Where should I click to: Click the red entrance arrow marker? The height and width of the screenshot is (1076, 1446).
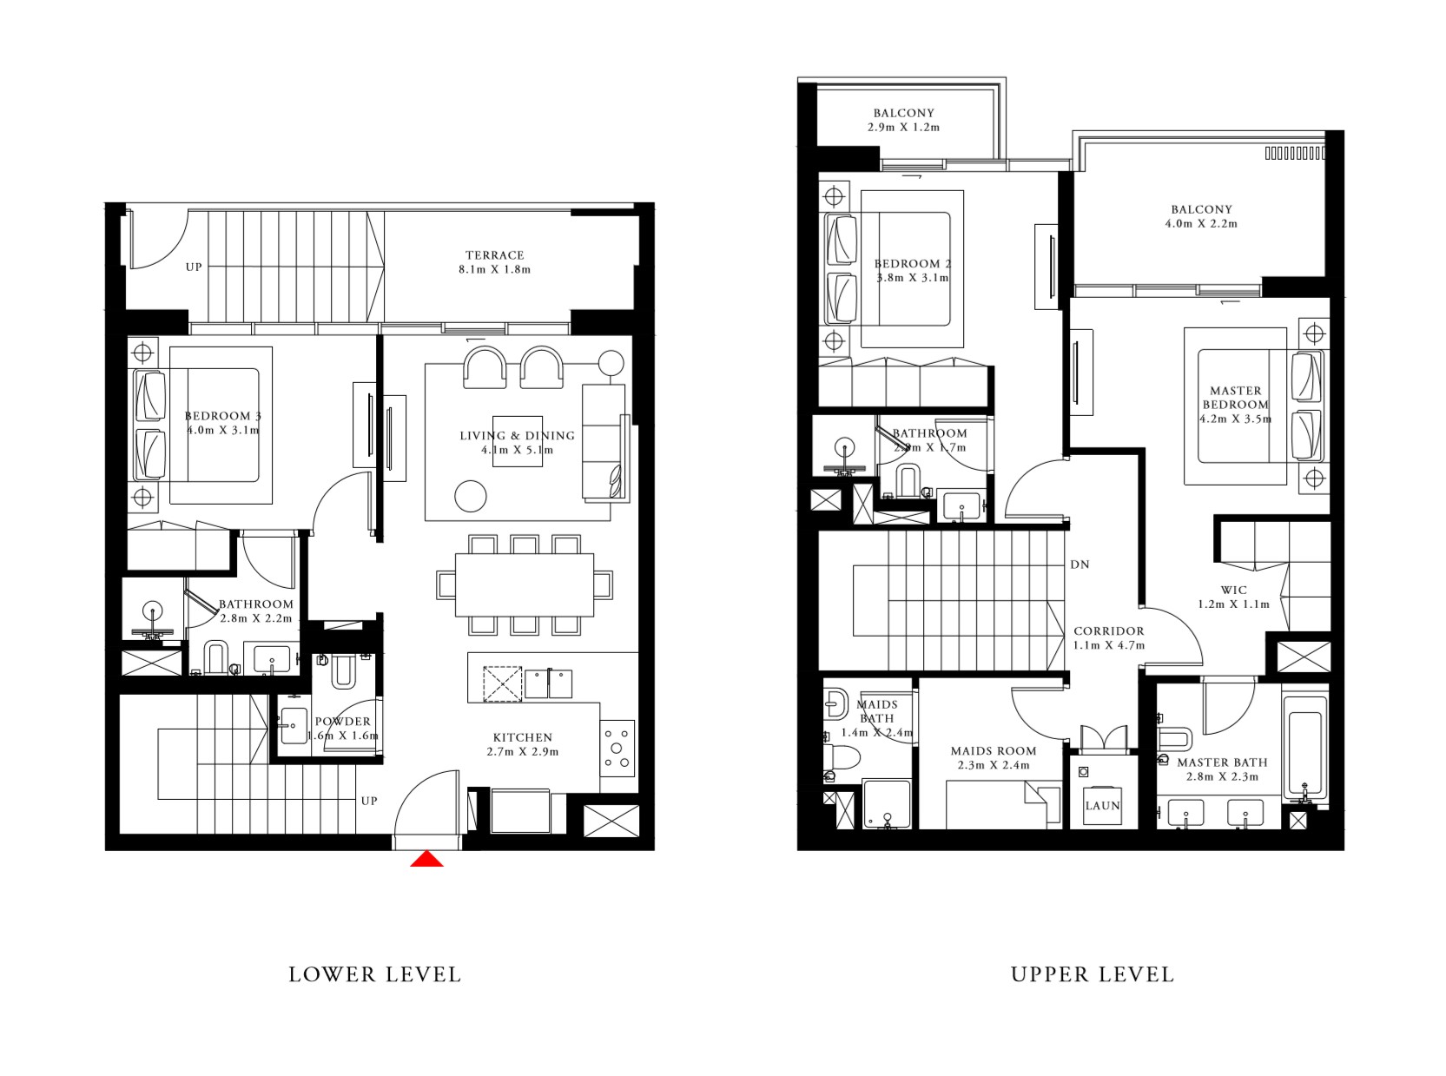(426, 859)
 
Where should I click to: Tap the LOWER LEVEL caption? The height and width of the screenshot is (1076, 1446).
(374, 974)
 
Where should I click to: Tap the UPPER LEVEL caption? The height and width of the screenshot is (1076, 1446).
(1092, 974)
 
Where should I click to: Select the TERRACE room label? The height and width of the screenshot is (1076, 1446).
(494, 255)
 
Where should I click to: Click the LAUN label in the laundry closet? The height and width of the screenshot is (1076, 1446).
(1102, 806)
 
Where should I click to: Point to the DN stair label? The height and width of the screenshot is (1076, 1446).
(1080, 564)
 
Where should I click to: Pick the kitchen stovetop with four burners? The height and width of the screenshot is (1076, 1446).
(617, 747)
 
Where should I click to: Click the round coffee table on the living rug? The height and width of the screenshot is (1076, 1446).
(472, 497)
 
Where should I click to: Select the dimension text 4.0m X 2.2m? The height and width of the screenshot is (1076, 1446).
(1201, 224)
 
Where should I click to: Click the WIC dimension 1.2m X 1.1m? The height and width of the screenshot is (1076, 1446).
(1233, 604)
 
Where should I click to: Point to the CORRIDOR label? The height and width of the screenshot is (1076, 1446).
(1108, 631)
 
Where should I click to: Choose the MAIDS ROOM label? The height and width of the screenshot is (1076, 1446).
(993, 751)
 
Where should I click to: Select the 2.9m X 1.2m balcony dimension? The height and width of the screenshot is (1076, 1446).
(903, 127)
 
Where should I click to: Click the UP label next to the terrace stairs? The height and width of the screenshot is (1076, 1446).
(193, 267)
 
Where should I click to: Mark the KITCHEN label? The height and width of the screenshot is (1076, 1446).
(522, 737)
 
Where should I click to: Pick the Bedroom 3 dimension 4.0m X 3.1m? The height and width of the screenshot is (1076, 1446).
(222, 430)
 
